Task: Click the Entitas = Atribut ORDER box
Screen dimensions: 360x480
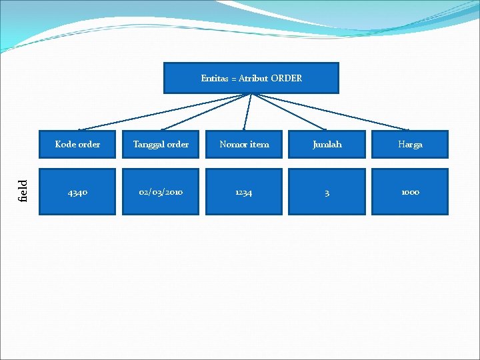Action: [251, 78]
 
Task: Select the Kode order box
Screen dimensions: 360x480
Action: [77, 144]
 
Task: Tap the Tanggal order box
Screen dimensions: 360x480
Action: [161, 144]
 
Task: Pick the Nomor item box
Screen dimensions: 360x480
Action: [244, 144]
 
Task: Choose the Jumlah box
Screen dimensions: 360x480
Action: [327, 144]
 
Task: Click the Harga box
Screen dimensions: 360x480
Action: [410, 144]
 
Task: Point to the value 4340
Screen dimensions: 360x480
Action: [77, 192]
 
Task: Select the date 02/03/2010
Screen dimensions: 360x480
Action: [161, 192]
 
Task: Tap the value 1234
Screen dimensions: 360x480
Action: [244, 192]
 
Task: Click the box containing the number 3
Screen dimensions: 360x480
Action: [327, 192]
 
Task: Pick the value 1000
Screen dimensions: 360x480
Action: [410, 192]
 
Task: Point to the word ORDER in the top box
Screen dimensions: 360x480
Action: [287, 78]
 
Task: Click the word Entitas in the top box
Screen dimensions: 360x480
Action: [215, 78]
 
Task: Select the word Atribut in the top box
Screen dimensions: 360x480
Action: [254, 78]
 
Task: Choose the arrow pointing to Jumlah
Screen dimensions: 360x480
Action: [289, 111]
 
